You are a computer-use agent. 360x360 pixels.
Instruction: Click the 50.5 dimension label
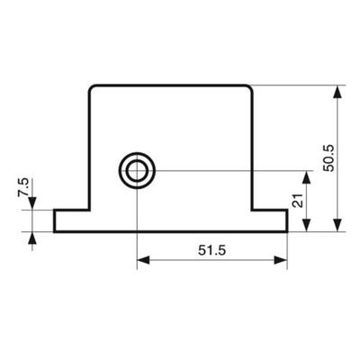point(329,158)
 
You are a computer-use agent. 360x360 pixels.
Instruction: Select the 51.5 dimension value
point(211,250)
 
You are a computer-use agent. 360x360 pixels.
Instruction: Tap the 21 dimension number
point(297,201)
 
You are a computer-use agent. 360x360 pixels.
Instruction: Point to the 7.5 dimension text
point(23,187)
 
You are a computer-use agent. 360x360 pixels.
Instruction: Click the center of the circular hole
point(137,171)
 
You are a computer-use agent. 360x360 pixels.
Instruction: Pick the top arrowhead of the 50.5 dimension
point(337,92)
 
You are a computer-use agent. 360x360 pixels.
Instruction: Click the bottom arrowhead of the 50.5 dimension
point(337,225)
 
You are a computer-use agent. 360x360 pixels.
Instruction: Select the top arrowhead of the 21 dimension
point(306,177)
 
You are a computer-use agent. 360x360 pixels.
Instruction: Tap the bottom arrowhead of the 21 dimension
point(306,225)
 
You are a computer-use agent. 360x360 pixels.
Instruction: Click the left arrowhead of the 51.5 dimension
point(143,260)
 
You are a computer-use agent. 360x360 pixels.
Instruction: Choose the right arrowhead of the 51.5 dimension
point(281,260)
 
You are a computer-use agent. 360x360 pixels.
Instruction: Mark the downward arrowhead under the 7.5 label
point(32,203)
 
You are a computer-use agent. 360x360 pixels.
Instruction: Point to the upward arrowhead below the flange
point(32,238)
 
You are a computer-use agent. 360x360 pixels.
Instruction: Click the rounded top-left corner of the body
point(91,87)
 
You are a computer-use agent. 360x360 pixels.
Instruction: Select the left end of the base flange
point(55,220)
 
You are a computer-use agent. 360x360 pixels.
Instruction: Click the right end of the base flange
point(287,220)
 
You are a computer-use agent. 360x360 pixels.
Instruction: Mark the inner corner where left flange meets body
point(89,210)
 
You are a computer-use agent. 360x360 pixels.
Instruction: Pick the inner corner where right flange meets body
point(252,210)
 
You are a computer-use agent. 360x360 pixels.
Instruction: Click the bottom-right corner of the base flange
point(287,231)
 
